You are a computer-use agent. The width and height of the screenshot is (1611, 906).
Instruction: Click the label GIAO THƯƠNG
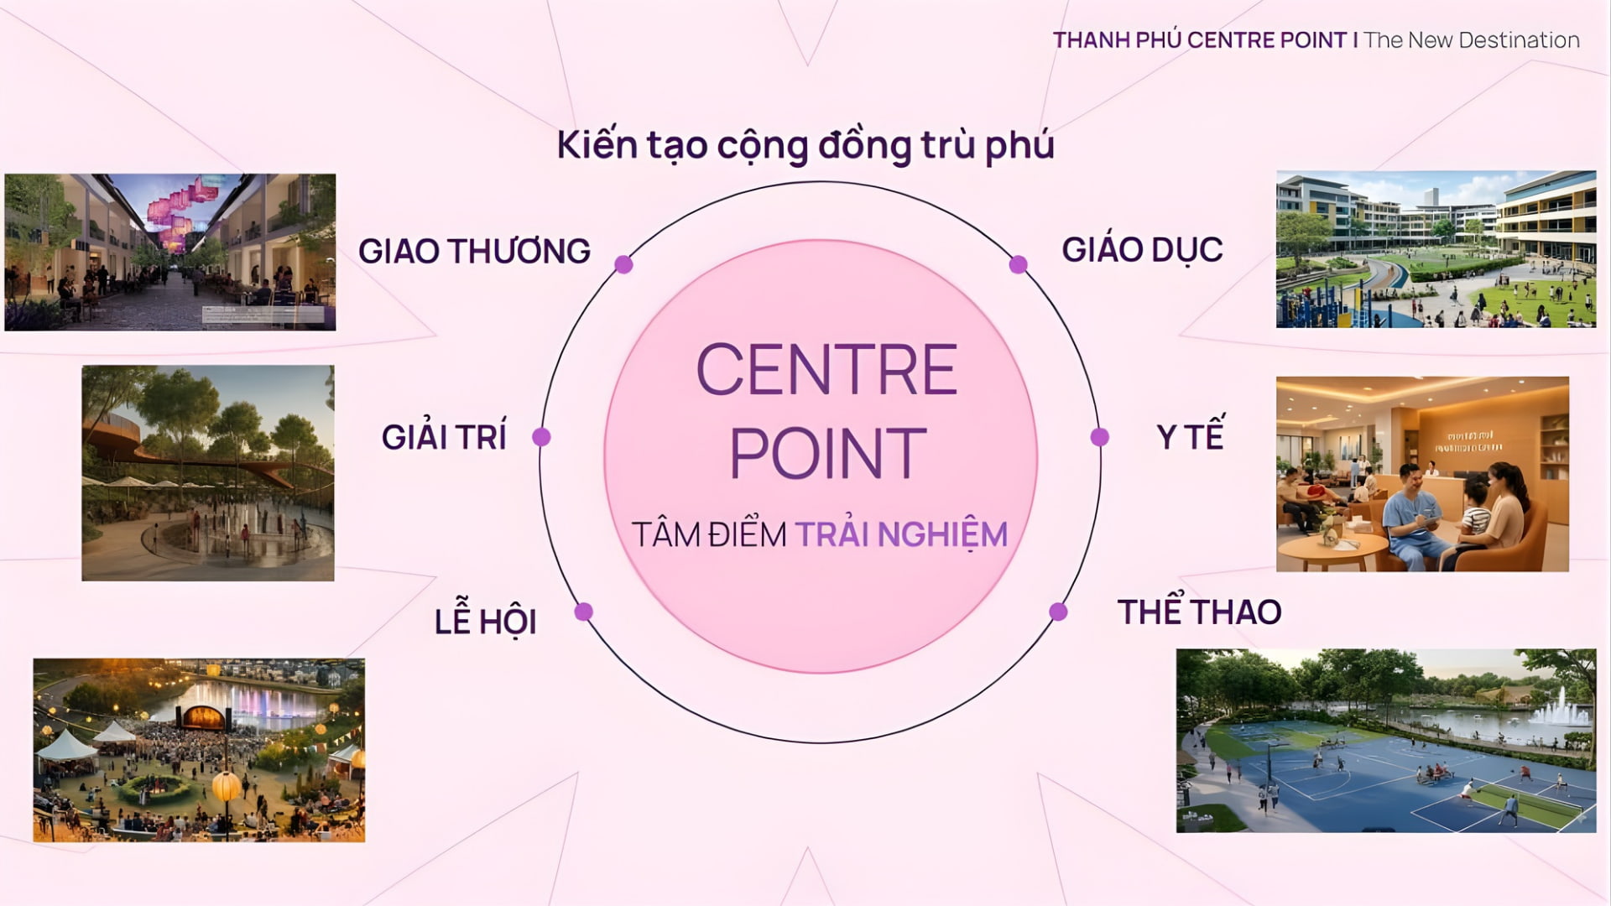point(474,251)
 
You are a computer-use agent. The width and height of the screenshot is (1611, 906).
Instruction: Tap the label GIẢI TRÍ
point(444,436)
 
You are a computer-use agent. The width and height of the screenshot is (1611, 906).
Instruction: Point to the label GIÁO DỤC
point(1142,249)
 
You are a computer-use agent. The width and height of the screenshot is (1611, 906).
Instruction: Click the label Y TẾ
point(1190,435)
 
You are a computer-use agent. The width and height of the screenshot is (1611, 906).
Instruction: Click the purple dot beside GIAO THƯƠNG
point(623,264)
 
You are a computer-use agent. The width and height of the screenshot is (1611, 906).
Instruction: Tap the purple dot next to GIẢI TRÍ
point(541,437)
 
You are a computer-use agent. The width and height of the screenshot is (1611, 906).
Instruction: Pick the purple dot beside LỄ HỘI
point(584,612)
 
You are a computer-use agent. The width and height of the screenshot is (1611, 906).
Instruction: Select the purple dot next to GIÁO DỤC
point(1018,265)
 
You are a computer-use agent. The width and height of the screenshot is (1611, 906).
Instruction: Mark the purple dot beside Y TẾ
point(1099,437)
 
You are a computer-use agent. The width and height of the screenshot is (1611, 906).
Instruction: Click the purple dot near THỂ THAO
point(1058,612)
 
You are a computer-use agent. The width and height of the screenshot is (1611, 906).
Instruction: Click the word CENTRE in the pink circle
point(826,369)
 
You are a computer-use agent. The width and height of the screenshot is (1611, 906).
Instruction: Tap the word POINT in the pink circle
point(827,453)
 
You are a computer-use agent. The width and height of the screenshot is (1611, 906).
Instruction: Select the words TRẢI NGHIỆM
point(901,534)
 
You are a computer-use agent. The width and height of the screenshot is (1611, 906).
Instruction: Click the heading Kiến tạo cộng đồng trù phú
point(805,145)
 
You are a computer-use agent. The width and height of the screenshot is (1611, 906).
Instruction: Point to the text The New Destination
point(1472,40)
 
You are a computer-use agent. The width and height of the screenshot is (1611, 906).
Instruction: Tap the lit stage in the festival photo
point(203,717)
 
